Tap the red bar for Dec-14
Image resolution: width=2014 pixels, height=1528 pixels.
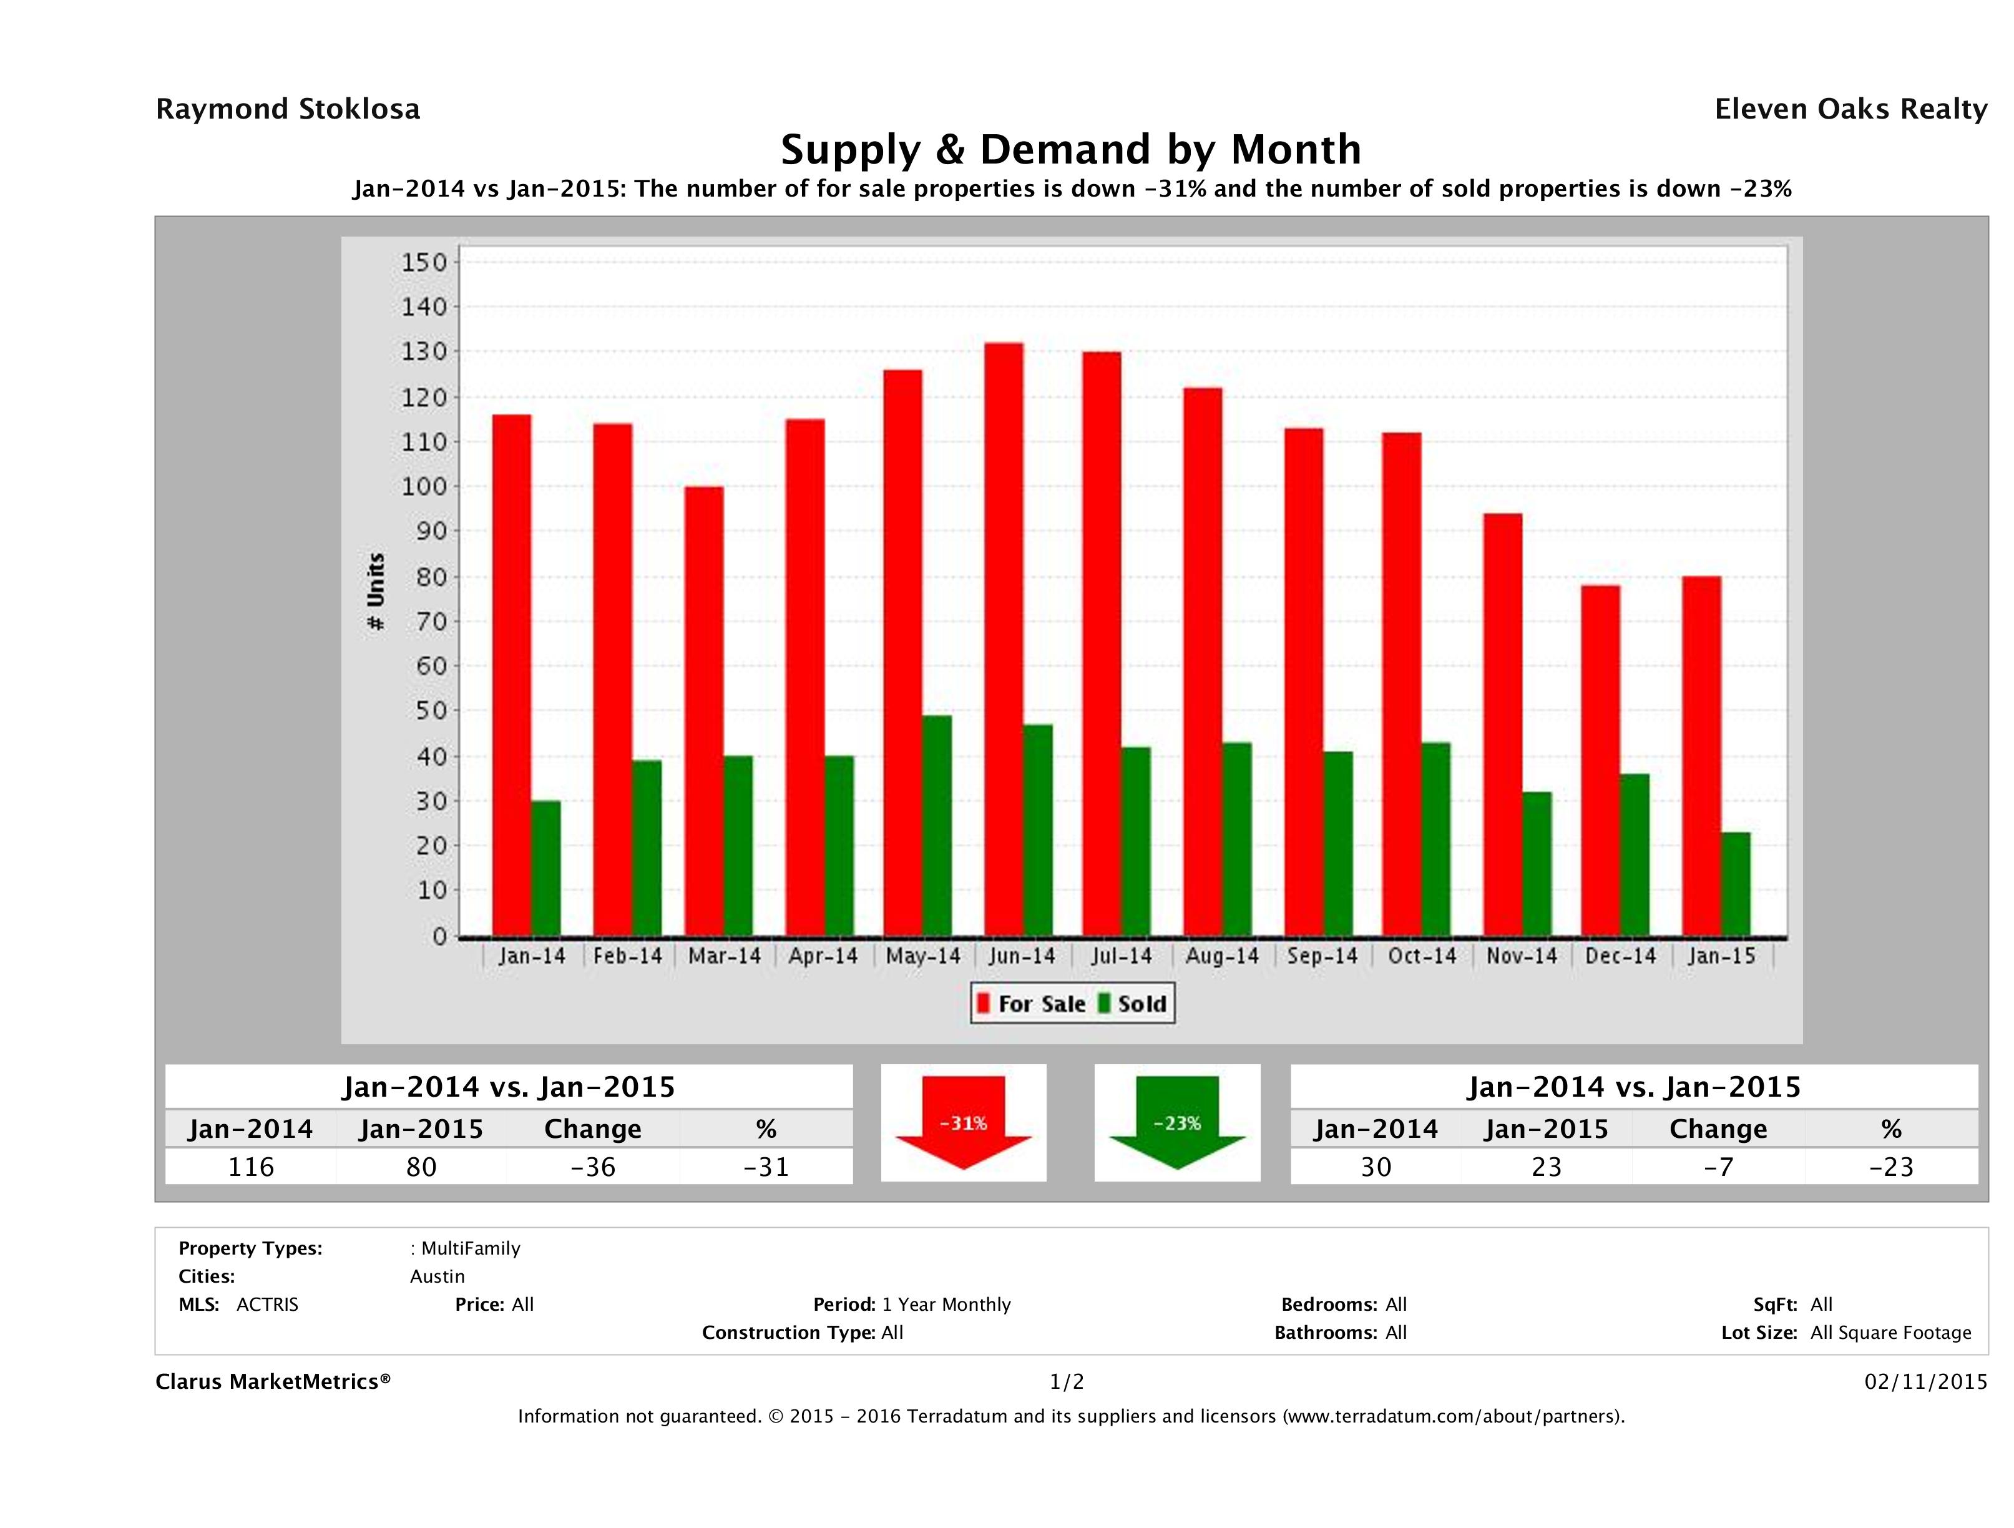click(x=1600, y=760)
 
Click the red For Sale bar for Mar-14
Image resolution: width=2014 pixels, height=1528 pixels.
click(x=704, y=711)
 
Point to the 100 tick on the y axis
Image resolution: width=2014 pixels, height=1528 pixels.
click(x=424, y=486)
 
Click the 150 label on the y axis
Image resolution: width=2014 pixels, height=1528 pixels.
click(x=424, y=262)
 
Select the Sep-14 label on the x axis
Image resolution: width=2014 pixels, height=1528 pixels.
click(x=1322, y=956)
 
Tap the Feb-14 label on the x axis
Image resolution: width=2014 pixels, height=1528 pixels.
click(x=627, y=956)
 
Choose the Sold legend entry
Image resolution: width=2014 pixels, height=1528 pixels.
click(x=1133, y=1004)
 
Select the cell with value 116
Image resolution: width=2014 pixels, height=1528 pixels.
click(x=250, y=1167)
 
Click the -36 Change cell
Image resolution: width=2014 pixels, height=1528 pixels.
click(x=593, y=1167)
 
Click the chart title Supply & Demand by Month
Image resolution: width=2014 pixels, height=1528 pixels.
click(x=1071, y=149)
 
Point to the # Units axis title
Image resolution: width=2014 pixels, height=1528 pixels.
click(x=375, y=591)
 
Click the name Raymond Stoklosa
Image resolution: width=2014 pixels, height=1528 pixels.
click(x=288, y=109)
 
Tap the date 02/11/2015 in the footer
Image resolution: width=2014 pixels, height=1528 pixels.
click(x=1925, y=1381)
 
